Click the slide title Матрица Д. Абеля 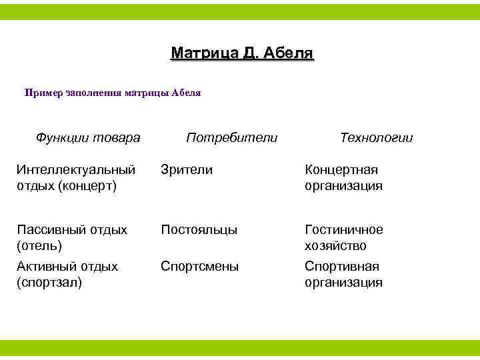(241, 53)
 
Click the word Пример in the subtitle (44, 93)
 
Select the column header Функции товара (87, 138)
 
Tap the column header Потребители (231, 138)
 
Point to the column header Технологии (376, 138)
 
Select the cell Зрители (187, 171)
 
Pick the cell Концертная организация (343, 178)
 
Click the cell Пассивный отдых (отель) (72, 237)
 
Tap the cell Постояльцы (199, 230)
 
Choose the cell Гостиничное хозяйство (343, 237)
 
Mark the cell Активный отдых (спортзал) (67, 274)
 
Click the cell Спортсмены (199, 267)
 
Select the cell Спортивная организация (343, 274)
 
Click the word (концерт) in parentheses (87, 186)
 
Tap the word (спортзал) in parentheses (49, 283)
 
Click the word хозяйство (335, 246)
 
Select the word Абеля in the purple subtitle (186, 93)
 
